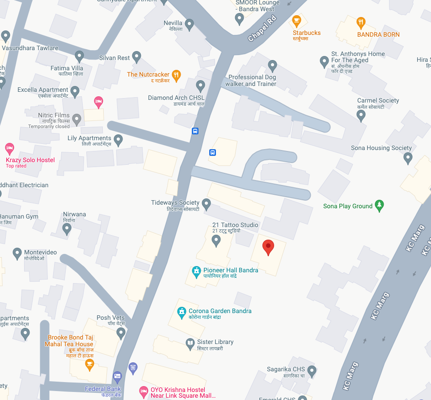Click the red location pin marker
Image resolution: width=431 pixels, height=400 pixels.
268,247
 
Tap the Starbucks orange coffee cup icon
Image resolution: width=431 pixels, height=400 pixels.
296,21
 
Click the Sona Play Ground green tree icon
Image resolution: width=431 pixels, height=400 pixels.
379,206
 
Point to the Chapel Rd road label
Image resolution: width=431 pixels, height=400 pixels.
264,29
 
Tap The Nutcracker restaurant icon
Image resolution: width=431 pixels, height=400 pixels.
177,75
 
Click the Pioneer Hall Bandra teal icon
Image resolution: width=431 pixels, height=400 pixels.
196,271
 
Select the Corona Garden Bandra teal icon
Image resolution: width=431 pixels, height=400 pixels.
181,312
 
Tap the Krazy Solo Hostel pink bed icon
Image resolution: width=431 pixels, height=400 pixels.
9,148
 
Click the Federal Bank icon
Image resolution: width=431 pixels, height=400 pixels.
117,376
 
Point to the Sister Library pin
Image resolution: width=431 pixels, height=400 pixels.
190,343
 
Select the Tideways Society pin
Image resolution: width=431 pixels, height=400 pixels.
206,204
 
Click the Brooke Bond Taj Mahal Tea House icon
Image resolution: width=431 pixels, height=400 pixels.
89,364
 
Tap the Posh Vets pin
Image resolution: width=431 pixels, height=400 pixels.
121,332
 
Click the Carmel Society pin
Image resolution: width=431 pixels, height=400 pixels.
361,116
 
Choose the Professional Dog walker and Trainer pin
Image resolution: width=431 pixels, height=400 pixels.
272,66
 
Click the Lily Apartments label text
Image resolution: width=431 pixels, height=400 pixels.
89,138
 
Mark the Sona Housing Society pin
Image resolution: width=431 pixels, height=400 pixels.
408,158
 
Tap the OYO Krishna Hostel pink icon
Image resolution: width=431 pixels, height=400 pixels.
144,392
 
